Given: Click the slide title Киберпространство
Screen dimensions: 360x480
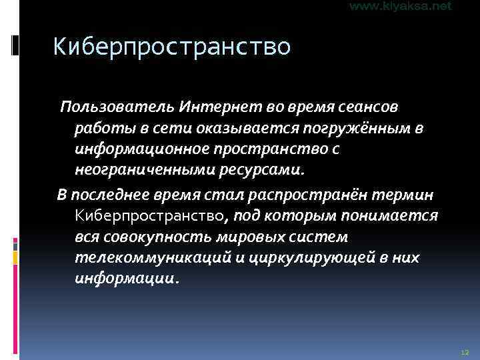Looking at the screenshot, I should coord(172,47).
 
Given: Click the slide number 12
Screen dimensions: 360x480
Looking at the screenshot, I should coord(465,351).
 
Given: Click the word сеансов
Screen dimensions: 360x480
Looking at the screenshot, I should coord(364,107).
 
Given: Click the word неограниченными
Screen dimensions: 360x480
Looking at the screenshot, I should coord(143,171).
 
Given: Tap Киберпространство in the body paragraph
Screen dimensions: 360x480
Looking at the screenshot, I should coord(153,216).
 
